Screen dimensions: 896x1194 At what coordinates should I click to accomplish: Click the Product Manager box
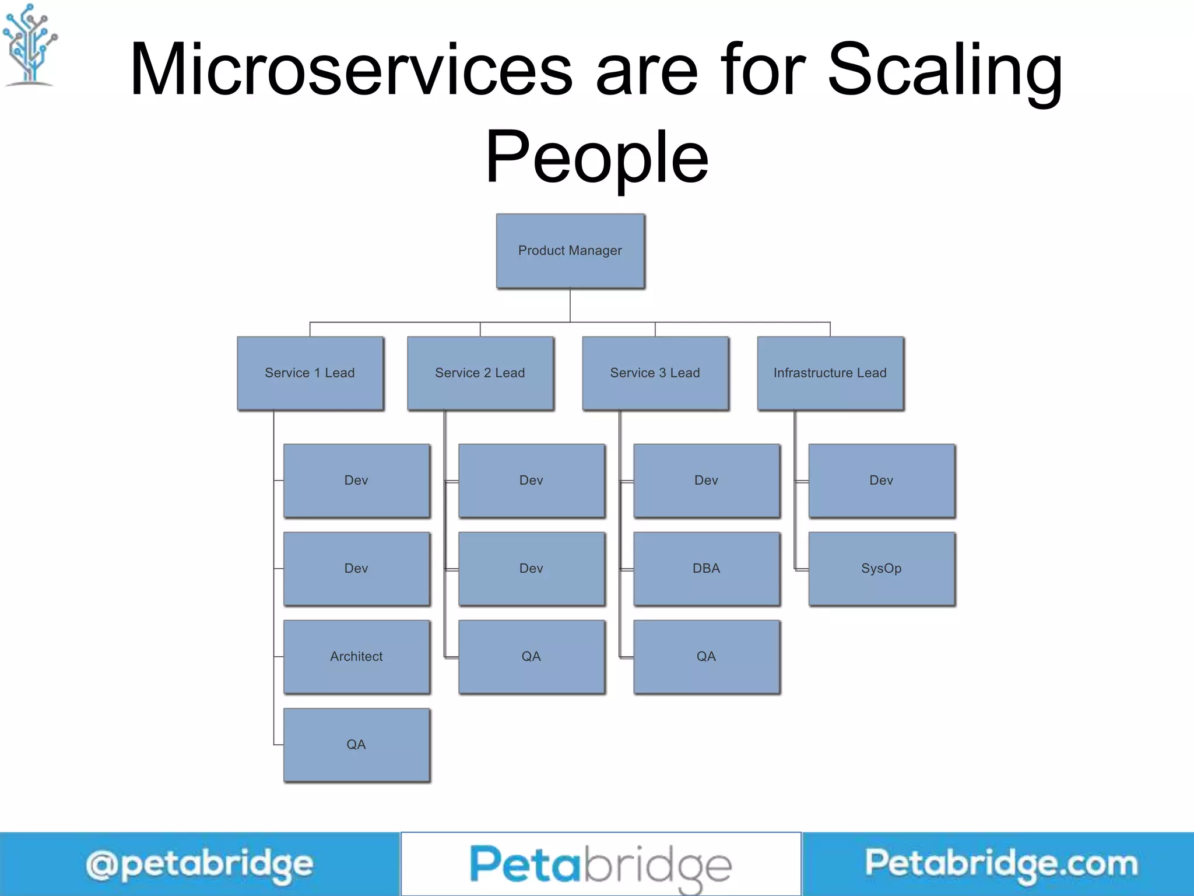pos(570,251)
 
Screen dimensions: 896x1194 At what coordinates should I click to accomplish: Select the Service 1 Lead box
pos(310,373)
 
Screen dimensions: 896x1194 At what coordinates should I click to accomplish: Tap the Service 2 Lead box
pos(480,373)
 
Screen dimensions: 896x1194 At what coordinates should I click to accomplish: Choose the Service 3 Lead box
pos(655,373)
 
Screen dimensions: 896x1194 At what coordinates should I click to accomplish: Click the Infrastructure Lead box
pos(830,373)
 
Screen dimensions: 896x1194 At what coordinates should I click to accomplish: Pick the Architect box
pos(357,657)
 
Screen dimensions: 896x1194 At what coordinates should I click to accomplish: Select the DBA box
pos(707,569)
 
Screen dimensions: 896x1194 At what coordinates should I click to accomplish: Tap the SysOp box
pos(882,569)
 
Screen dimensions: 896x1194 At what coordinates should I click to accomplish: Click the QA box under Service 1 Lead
pos(357,745)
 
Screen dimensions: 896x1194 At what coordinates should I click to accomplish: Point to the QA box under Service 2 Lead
pos(532,657)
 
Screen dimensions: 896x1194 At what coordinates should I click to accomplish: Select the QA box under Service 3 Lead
pos(707,657)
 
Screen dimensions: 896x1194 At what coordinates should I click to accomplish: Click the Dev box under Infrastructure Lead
pos(882,481)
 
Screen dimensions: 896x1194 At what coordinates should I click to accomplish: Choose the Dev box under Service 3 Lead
pos(707,481)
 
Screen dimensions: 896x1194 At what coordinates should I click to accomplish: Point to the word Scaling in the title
pos(944,70)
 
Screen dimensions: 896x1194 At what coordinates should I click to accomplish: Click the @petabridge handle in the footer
pos(199,864)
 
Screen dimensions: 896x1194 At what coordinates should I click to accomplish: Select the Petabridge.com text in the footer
pos(1000,863)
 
